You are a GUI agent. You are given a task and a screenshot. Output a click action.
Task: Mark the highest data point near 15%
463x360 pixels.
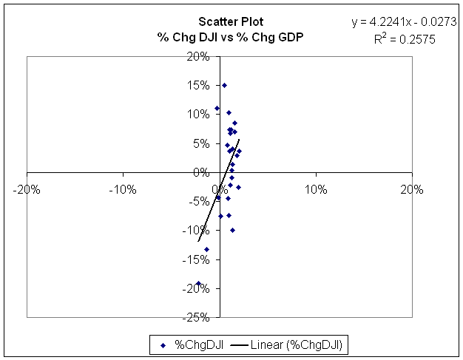click(225, 85)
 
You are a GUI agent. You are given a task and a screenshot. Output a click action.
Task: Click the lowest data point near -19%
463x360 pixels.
click(198, 283)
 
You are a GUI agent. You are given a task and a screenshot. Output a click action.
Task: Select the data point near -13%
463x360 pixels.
click(206, 249)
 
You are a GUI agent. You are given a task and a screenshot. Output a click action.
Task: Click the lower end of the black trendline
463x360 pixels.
click(198, 241)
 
